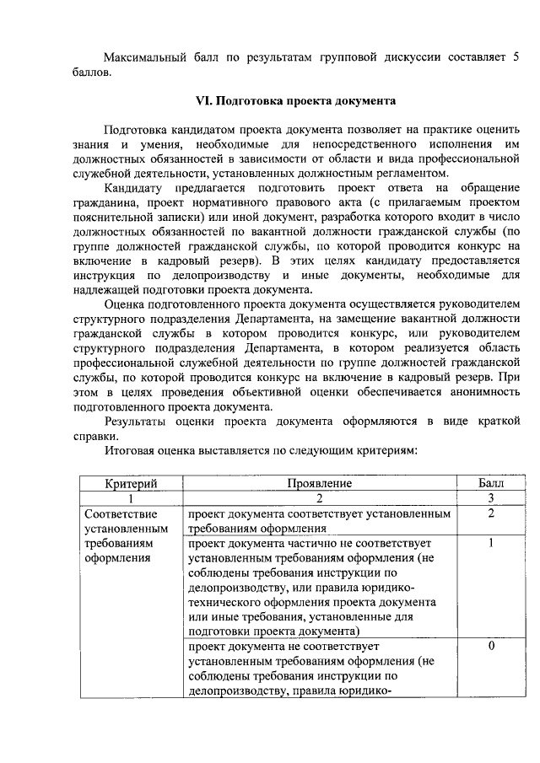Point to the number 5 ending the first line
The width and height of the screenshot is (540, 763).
coord(514,56)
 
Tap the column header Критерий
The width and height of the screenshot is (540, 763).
coord(131,483)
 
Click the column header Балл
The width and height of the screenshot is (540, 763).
coord(490,483)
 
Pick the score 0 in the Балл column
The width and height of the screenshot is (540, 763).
coord(490,646)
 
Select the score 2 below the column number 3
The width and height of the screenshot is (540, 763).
coord(490,513)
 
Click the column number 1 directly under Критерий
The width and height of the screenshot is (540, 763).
coord(131,498)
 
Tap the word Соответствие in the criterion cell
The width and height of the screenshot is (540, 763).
coord(121,513)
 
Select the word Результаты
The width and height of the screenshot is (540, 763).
coord(140,421)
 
